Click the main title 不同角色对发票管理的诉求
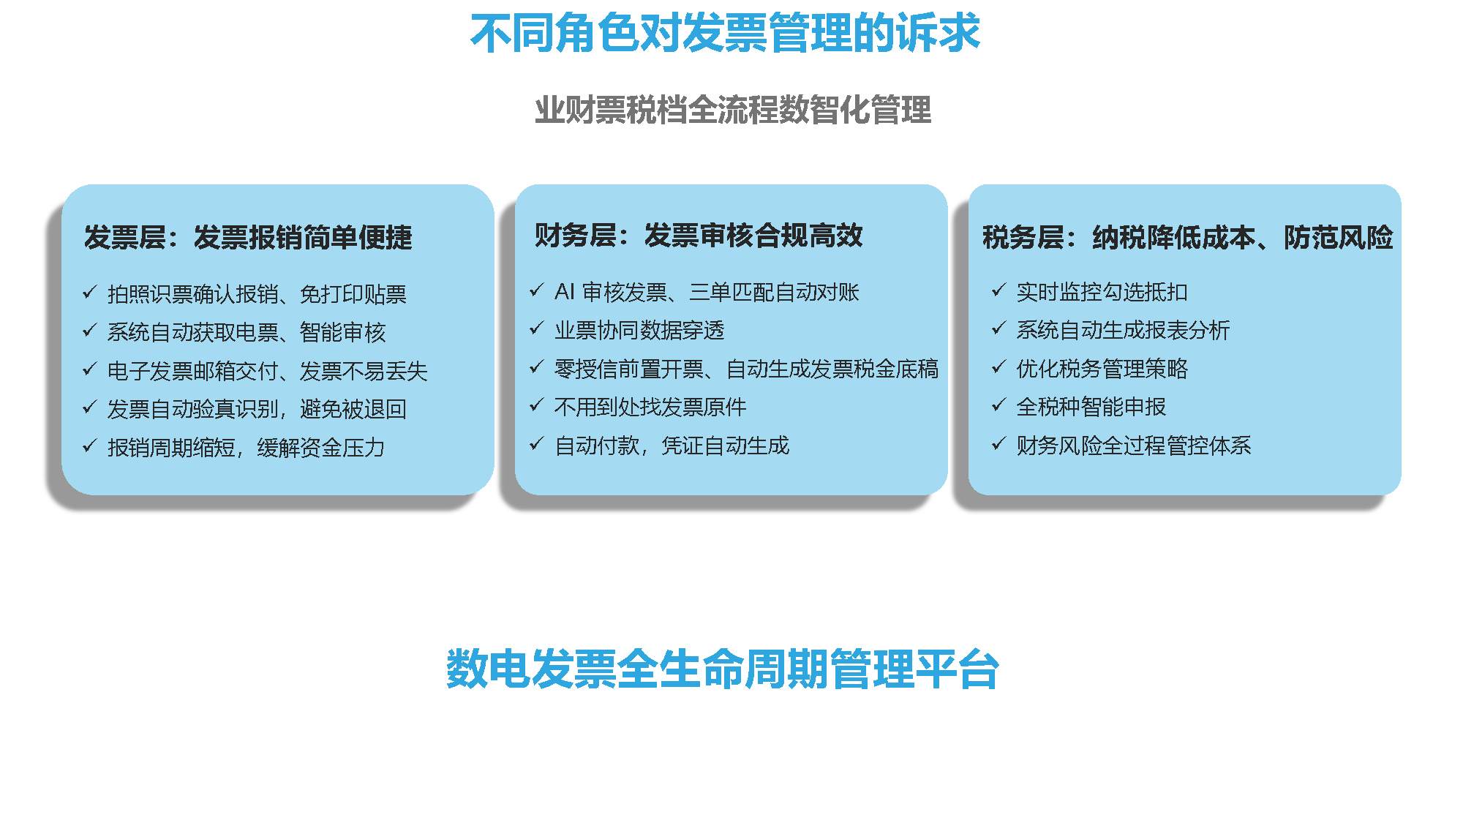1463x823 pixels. pos(725,34)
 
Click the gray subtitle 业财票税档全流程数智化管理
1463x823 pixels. pos(733,110)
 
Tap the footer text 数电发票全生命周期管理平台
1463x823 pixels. pos(723,669)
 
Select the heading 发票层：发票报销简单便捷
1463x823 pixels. pos(248,237)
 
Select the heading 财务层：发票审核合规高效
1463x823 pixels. pos(699,236)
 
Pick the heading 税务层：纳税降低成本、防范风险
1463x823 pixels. pos(1188,237)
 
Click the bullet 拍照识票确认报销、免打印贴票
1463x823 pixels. pos(257,294)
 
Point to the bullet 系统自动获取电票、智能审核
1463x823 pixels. pos(247,332)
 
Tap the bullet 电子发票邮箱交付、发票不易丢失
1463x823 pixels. pos(268,371)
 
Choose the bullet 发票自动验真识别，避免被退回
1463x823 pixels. pos(257,409)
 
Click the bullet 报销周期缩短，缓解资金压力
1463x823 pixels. pos(247,448)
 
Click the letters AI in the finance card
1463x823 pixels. pos(565,292)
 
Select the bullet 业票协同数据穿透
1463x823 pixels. pos(639,331)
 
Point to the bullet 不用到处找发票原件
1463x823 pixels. pos(650,407)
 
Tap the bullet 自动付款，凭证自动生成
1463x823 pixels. pos(672,446)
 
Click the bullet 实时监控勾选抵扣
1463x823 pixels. pos(1102,292)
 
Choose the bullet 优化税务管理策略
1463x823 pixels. pos(1102,369)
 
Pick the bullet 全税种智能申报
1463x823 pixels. pos(1091,407)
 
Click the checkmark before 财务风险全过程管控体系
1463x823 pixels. pos(998,443)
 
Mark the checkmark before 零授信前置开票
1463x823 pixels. pos(537,367)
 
